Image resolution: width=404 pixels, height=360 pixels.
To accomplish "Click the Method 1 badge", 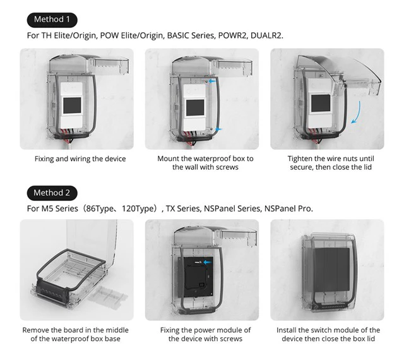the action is [x=52, y=20].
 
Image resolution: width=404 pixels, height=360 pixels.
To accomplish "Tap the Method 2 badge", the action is [x=52, y=193].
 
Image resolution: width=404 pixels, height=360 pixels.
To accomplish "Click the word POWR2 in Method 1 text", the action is [x=232, y=35].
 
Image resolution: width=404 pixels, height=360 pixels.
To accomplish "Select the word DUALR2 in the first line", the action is [x=266, y=35].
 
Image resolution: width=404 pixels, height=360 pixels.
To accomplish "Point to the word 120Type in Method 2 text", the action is [x=139, y=208].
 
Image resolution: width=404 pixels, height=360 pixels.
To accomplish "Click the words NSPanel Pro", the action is [x=288, y=208].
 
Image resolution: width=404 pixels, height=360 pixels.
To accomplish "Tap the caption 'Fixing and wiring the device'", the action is [x=80, y=159].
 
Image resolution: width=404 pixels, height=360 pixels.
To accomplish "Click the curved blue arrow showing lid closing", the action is [x=356, y=112].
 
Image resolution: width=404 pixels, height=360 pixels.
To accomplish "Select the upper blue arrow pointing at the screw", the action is [x=212, y=81].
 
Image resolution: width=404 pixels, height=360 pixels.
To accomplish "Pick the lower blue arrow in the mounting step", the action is [x=218, y=129].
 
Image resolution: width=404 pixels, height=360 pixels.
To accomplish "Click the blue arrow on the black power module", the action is [x=208, y=262].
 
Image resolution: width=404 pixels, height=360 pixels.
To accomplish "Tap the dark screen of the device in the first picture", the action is [x=72, y=105].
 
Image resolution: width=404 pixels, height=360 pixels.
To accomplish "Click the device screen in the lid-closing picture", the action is [x=321, y=103].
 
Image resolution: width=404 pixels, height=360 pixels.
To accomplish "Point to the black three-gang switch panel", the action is [x=331, y=269].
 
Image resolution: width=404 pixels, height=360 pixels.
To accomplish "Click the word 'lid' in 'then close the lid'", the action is [x=367, y=167].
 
